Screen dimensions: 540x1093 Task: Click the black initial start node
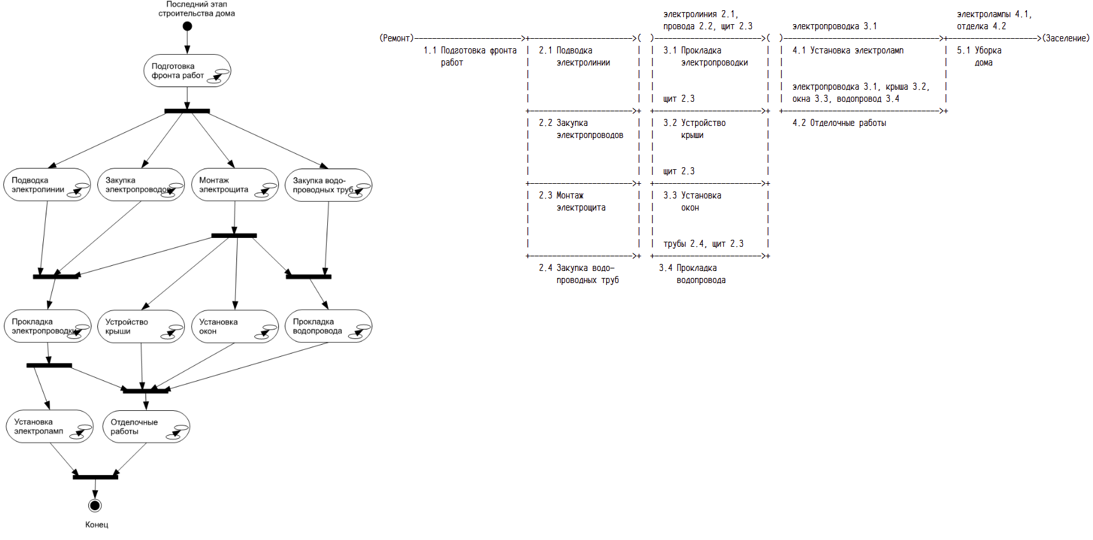[x=187, y=26]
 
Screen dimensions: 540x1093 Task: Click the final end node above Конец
[x=95, y=506]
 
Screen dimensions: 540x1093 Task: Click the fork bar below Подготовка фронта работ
[x=187, y=111]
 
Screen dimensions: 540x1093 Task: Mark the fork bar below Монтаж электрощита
[x=234, y=235]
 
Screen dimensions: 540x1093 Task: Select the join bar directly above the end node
[x=95, y=476]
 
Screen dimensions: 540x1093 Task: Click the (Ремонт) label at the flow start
[x=397, y=38]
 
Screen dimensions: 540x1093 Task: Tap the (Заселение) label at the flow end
[x=1066, y=38]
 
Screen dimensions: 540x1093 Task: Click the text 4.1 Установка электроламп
[x=848, y=50]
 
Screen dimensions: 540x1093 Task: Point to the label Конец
[x=97, y=525]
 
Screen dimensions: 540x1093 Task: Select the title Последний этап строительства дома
[x=196, y=9]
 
